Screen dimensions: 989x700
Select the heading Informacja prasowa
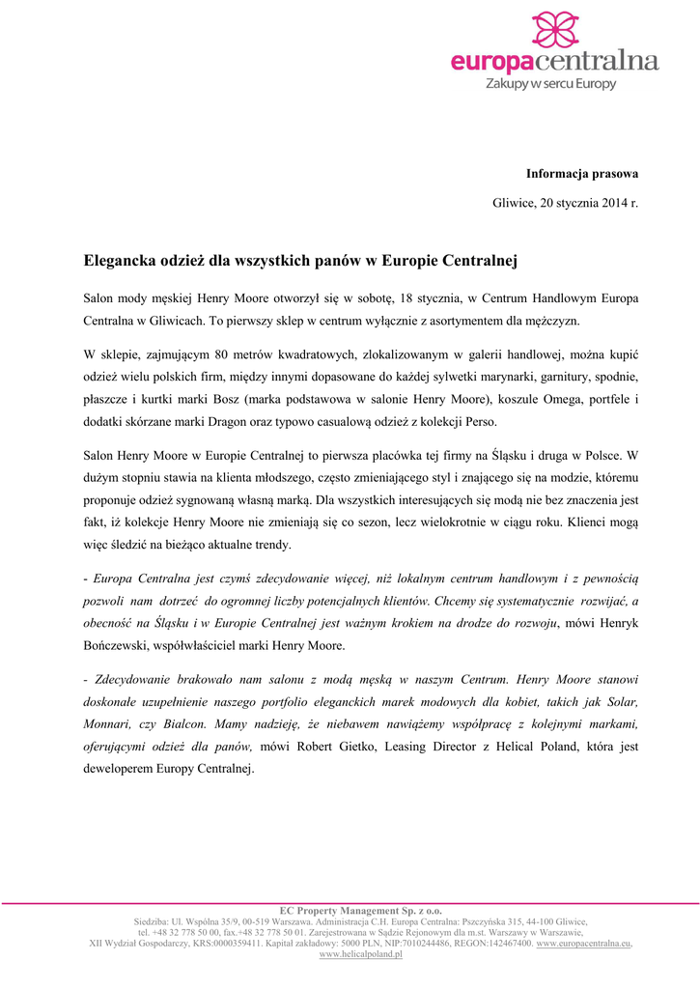coord(582,174)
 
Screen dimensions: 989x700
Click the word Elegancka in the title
coord(118,260)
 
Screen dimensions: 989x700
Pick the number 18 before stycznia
coord(411,297)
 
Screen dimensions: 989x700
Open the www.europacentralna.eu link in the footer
coord(583,943)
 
